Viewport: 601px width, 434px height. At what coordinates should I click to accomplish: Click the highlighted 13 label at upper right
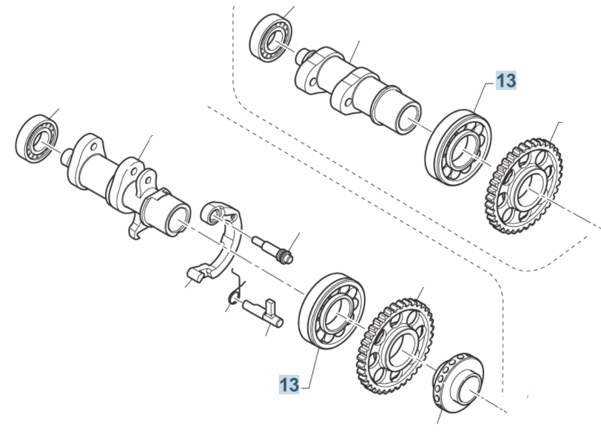tap(506, 81)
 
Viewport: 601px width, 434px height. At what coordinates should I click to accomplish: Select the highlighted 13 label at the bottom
tap(289, 384)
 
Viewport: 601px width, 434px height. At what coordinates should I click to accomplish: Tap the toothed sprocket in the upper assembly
tap(527, 182)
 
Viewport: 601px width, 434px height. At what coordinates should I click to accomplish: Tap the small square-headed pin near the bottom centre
tap(263, 311)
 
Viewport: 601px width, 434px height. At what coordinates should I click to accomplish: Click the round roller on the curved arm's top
tap(215, 213)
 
